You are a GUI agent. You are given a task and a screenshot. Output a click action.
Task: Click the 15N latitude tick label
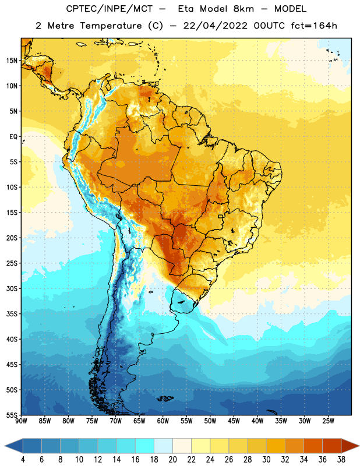pyautogui.click(x=12, y=61)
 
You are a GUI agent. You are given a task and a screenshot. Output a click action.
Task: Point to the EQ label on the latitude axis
pyautogui.click(x=13, y=137)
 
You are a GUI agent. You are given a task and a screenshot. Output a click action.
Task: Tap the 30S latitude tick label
pyautogui.click(x=12, y=288)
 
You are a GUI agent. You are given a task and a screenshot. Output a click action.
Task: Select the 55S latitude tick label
pyautogui.click(x=12, y=415)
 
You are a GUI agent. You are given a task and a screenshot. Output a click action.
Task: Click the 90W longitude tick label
pyautogui.click(x=21, y=421)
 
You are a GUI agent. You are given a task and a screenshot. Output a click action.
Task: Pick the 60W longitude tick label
pyautogui.click(x=163, y=421)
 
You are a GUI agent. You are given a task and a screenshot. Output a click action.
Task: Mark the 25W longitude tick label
pyautogui.click(x=328, y=421)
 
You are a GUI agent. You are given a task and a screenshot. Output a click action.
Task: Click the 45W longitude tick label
pyautogui.click(x=234, y=421)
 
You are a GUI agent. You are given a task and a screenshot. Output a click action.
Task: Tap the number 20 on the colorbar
pyautogui.click(x=172, y=460)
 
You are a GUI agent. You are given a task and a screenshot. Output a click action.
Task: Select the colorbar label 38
pyautogui.click(x=341, y=460)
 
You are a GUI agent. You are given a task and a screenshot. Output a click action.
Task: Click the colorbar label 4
pyautogui.click(x=23, y=460)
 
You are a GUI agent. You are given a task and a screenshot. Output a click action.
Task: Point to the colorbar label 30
pyautogui.click(x=266, y=460)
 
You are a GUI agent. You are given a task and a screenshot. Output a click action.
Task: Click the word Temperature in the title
pyautogui.click(x=111, y=26)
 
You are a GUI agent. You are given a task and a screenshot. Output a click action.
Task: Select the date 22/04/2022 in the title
pyautogui.click(x=215, y=26)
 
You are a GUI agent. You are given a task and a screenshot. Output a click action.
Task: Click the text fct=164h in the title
pyautogui.click(x=314, y=26)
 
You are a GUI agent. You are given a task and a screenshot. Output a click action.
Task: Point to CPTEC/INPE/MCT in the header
pyautogui.click(x=110, y=9)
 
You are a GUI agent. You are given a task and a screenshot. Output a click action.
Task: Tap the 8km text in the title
pyautogui.click(x=243, y=9)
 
